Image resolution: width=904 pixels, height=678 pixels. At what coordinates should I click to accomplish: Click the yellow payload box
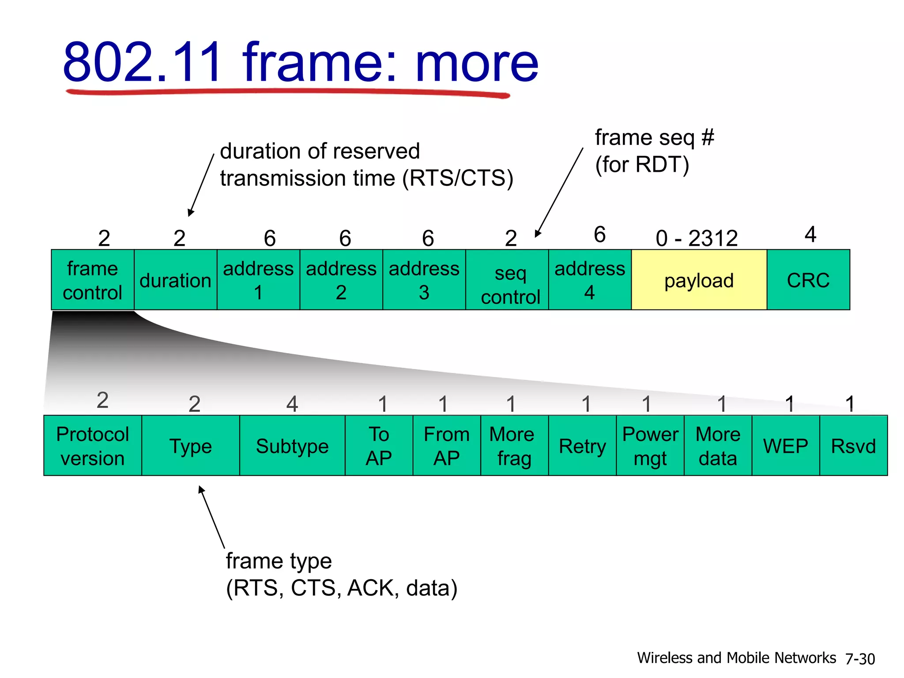point(699,280)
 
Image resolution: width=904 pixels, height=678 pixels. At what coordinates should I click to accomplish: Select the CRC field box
point(808,280)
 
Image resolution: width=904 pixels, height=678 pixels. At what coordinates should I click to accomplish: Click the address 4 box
point(590,280)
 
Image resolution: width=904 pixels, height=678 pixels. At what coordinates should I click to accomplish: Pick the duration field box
point(175,280)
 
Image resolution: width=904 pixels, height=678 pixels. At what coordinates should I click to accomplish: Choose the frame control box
point(92,280)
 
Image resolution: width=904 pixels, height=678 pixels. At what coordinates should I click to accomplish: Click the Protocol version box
point(93,446)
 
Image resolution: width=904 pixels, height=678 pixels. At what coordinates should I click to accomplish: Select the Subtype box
point(292,446)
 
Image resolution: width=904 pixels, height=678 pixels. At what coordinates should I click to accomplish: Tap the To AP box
point(379,446)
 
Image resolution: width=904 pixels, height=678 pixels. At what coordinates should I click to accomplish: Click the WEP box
point(786,446)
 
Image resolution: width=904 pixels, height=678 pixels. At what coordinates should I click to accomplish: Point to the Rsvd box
point(853,446)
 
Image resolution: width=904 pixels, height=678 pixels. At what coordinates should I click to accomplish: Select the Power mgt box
point(650,446)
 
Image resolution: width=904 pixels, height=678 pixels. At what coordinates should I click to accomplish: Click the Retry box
point(582,446)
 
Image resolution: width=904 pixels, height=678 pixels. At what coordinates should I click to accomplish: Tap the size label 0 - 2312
point(697,238)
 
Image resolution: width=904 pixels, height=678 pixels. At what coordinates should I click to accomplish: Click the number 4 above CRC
point(810,234)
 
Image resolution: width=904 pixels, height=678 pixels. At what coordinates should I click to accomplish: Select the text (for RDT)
point(642,165)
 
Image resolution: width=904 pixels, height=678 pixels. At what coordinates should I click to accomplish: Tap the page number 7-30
point(860,659)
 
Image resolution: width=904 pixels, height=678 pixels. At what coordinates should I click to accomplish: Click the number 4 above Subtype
point(292,404)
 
